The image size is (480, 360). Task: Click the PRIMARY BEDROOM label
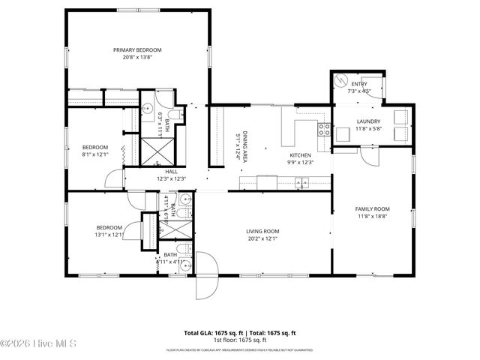coord(137,50)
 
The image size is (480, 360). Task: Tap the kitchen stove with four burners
coord(324,128)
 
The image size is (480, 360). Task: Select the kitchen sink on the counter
coord(301,181)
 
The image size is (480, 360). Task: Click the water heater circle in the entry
coord(340,79)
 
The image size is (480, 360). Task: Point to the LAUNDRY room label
coord(368,121)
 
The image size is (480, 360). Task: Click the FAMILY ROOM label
coord(373,208)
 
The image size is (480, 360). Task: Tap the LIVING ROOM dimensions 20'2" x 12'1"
coord(262,238)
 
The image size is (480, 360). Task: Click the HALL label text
coord(171,172)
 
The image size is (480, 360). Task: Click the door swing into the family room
coord(369,156)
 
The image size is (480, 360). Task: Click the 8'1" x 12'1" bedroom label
coord(95,151)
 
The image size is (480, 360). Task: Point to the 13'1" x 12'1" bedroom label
coord(109,230)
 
